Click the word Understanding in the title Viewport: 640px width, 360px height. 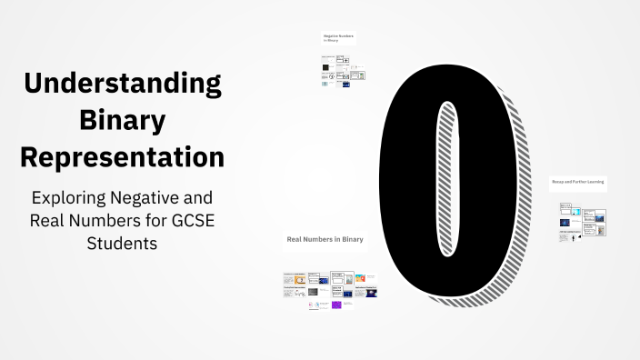click(x=123, y=84)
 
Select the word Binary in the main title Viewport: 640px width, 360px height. click(x=123, y=120)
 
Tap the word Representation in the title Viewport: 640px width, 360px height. click(x=123, y=156)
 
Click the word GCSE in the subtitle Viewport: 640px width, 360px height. click(x=192, y=220)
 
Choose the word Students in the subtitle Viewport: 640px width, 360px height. click(x=123, y=243)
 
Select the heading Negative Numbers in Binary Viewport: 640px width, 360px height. click(x=338, y=37)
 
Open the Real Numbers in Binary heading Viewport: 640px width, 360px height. click(x=325, y=239)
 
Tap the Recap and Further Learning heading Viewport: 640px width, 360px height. click(x=577, y=182)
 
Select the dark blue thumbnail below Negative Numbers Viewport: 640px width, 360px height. click(x=346, y=85)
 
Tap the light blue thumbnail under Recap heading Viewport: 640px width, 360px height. click(x=575, y=211)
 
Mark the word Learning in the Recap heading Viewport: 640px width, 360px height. click(x=595, y=182)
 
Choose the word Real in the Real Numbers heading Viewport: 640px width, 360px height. click(x=295, y=239)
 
